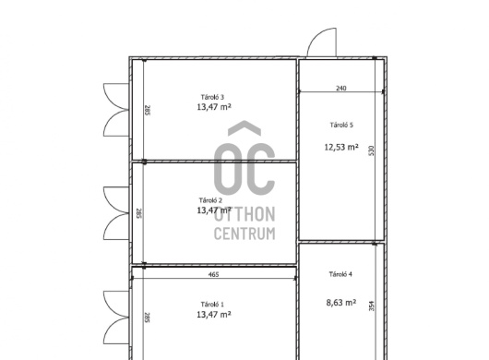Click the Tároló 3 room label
tap(212, 97)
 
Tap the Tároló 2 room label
tap(210, 200)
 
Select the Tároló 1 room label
tap(212, 305)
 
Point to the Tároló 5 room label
tap(341, 125)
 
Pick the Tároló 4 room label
tap(340, 274)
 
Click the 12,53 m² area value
tap(341, 147)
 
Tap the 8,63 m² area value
tap(341, 302)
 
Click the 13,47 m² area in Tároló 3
tap(214, 107)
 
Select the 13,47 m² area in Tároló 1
tap(214, 314)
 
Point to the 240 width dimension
tap(341, 89)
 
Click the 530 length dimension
tap(371, 151)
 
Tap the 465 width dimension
tap(213, 274)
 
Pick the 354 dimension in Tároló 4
tap(372, 306)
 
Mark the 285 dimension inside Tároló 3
tap(148, 110)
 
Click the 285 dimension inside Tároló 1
tap(148, 318)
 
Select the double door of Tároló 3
tap(116, 110)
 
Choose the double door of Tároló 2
tap(116, 213)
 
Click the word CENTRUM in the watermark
tap(244, 234)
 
